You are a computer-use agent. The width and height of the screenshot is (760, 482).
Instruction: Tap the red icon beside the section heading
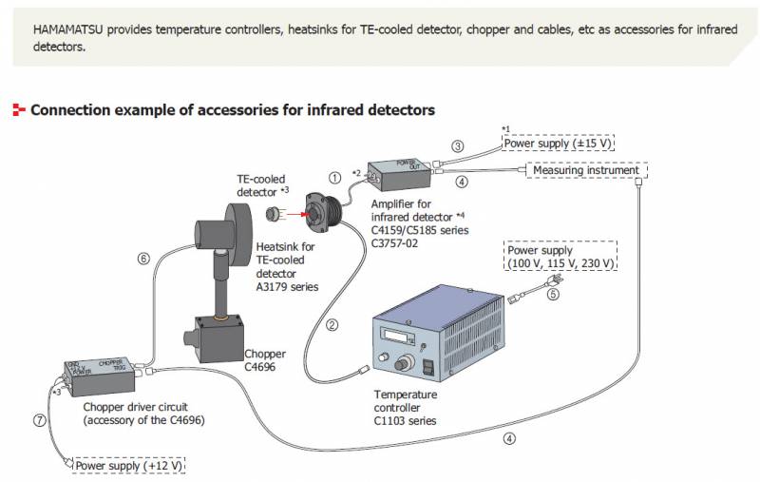click(18, 110)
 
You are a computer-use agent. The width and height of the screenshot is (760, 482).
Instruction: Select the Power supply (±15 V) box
click(559, 144)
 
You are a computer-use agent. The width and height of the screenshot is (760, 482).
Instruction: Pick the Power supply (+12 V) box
click(129, 467)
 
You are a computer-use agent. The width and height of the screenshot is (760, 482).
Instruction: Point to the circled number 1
click(334, 177)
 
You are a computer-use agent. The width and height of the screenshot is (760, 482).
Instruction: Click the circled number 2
click(332, 325)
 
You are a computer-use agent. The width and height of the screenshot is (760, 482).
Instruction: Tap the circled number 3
click(458, 146)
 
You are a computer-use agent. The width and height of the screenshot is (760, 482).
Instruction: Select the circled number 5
click(553, 294)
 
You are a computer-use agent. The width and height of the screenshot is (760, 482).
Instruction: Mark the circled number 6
click(143, 258)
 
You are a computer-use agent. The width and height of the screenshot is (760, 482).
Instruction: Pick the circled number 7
click(39, 420)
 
